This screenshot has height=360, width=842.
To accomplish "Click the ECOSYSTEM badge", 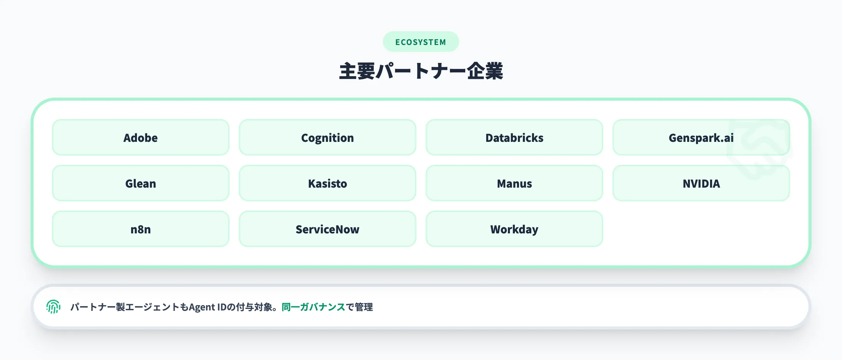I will click(421, 42).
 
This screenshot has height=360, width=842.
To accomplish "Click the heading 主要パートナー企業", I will click(421, 71).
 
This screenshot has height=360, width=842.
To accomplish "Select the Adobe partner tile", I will click(140, 138).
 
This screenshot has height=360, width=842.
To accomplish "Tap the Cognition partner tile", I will click(327, 138).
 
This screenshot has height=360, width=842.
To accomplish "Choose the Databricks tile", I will click(514, 138).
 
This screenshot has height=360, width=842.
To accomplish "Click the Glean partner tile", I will click(140, 183).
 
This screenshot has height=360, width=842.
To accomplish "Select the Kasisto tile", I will click(327, 183).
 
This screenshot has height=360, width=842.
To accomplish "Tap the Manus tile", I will click(514, 183).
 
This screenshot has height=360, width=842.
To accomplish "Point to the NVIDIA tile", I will click(701, 183).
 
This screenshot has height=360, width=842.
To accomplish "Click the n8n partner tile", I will click(140, 229).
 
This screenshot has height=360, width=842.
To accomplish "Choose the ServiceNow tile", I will click(327, 229).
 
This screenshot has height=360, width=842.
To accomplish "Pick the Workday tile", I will click(514, 229).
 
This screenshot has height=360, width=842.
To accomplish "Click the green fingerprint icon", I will click(53, 307).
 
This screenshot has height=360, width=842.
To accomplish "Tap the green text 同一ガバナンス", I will click(313, 307).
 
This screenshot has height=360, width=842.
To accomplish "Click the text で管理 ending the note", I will click(359, 307).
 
